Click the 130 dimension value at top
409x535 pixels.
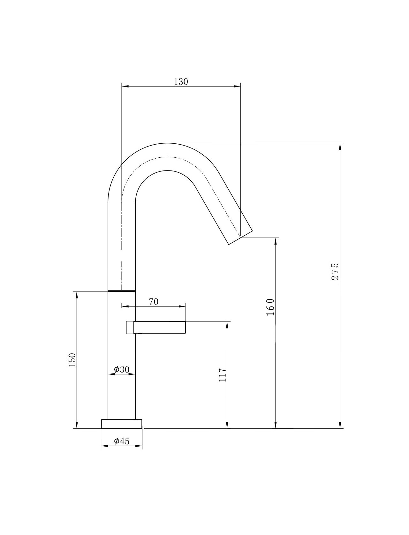coord(181,82)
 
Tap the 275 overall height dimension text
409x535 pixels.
coord(335,271)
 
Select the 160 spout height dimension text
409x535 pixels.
coord(270,307)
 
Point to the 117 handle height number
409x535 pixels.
coord(223,375)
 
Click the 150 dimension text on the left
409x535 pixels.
coord(72,360)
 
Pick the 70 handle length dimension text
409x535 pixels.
coord(154,302)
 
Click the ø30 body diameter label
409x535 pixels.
coord(122,370)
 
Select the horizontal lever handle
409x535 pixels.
coord(156,327)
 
